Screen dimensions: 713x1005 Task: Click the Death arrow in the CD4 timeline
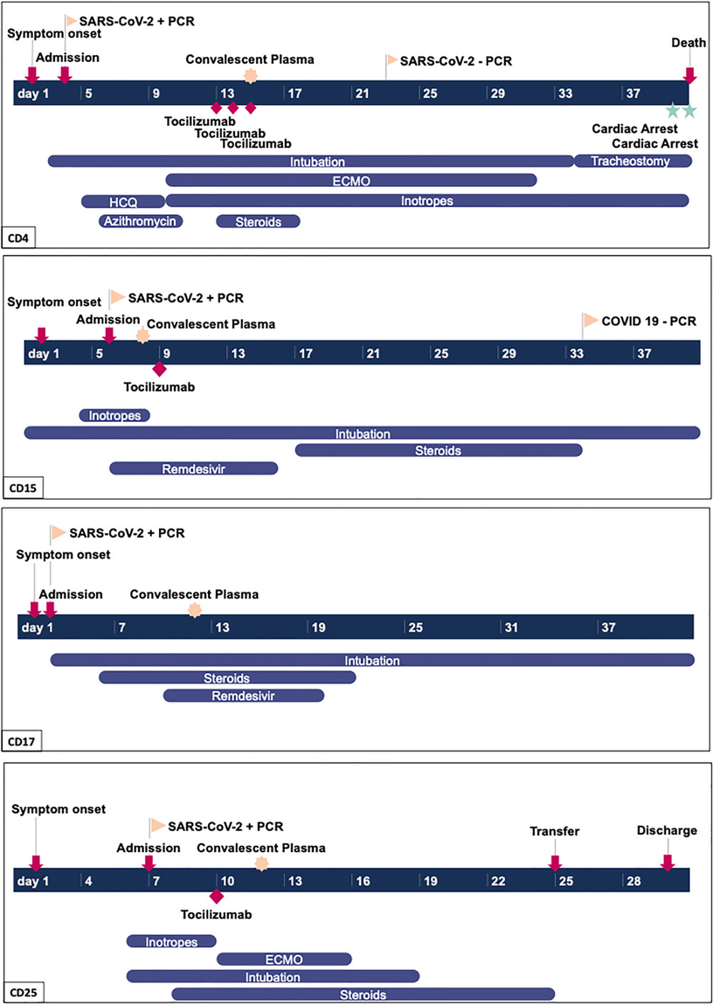pyautogui.click(x=689, y=75)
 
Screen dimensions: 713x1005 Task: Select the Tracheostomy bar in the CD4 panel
pyautogui.click(x=633, y=161)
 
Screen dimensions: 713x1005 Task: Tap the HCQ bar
pyautogui.click(x=123, y=201)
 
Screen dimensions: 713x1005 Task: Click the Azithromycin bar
pyautogui.click(x=141, y=221)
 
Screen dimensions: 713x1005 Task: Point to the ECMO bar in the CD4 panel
pyautogui.click(x=351, y=181)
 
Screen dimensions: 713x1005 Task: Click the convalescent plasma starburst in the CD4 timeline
pyautogui.click(x=251, y=76)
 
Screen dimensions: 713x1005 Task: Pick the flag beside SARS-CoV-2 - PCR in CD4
pyautogui.click(x=391, y=61)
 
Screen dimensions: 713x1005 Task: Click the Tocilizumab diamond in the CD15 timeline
pyautogui.click(x=159, y=369)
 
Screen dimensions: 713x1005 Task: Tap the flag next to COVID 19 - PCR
pyautogui.click(x=589, y=320)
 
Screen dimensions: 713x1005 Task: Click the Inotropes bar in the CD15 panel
pyautogui.click(x=114, y=415)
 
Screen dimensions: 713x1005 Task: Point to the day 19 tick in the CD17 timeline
pyautogui.click(x=308, y=626)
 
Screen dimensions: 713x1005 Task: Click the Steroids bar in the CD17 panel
pyautogui.click(x=227, y=677)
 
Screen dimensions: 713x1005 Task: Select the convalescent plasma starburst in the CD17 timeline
pyautogui.click(x=195, y=610)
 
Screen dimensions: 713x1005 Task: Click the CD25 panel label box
pyautogui.click(x=24, y=993)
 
